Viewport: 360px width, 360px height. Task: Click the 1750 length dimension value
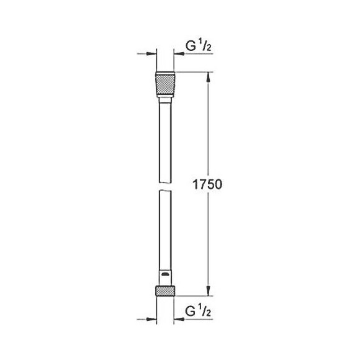[207, 184]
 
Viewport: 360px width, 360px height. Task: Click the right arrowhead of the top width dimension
[178, 54]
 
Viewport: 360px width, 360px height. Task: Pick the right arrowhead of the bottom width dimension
[178, 320]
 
